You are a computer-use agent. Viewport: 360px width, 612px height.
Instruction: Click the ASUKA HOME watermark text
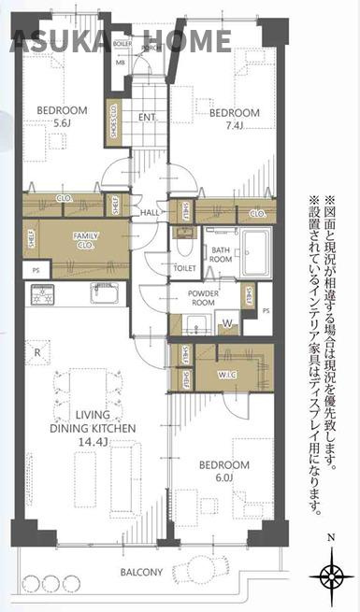[121, 40]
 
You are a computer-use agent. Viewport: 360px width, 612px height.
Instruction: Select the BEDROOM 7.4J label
[233, 120]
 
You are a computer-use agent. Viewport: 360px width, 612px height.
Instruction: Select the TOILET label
[184, 267]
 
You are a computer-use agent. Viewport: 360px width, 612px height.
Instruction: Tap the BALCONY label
[140, 573]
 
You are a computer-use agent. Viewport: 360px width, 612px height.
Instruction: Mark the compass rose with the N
[332, 573]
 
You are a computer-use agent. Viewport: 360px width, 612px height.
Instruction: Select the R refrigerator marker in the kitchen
[36, 352]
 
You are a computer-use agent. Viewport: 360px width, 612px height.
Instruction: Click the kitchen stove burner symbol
[44, 297]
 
